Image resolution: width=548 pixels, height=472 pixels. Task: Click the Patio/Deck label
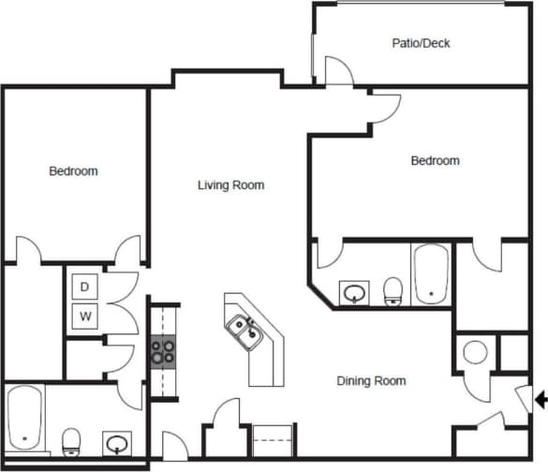(x=421, y=43)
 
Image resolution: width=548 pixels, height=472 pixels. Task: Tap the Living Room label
(x=230, y=185)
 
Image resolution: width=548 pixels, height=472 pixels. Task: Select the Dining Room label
(x=371, y=381)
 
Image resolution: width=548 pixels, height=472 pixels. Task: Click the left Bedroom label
(x=73, y=171)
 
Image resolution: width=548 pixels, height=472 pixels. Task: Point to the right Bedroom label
(x=436, y=161)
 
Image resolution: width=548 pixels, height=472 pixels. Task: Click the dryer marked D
(x=85, y=286)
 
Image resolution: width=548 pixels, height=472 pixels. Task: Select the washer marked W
(x=85, y=316)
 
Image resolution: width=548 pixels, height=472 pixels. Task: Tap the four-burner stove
(x=163, y=350)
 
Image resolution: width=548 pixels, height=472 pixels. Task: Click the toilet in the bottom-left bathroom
(x=71, y=442)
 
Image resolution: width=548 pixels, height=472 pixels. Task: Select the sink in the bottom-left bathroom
(x=116, y=442)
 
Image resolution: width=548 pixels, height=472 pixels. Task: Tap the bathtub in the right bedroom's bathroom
(x=431, y=274)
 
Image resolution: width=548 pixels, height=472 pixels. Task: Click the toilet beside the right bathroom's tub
(x=393, y=291)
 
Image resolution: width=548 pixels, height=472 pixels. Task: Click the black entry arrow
(x=540, y=400)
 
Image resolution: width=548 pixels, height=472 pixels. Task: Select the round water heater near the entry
(x=476, y=353)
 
